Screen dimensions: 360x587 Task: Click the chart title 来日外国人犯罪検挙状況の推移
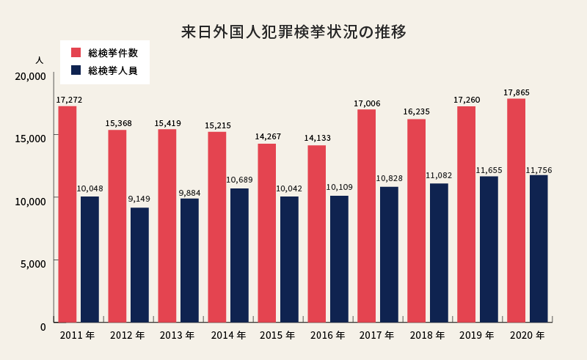[293, 33]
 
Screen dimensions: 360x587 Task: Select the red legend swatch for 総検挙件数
[76, 53]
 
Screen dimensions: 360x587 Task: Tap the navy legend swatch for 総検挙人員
[76, 71]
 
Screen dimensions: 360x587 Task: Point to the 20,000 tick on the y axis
[31, 76]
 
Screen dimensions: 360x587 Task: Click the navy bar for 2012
[139, 265]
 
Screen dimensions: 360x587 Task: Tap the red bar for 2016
[316, 233]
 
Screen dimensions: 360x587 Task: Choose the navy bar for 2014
[239, 255]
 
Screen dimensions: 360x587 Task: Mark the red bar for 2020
[516, 210]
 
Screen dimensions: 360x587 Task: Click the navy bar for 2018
[439, 252]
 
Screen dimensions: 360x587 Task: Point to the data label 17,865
[517, 92]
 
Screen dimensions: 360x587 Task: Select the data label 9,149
[139, 199]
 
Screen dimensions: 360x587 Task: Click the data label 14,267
[266, 136]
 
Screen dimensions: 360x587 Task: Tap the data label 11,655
[489, 170]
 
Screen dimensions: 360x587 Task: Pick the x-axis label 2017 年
[376, 336]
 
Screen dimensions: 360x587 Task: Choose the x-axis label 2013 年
[177, 336]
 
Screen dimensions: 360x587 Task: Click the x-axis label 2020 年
[526, 336]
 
